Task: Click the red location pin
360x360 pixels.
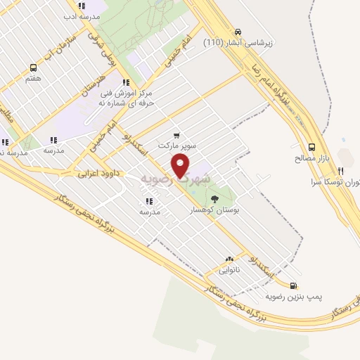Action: (181, 166)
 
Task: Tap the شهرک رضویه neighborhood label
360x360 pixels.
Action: (176, 179)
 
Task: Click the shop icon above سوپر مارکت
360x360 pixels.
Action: (176, 135)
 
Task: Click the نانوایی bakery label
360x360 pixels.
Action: (229, 269)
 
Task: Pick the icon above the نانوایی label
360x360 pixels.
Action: (229, 259)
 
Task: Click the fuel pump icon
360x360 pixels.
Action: (293, 285)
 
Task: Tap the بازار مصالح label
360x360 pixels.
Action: (307, 159)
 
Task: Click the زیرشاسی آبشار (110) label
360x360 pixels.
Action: (238, 43)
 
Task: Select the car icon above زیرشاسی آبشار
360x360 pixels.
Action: (238, 32)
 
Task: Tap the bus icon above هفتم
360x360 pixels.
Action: (33, 68)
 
